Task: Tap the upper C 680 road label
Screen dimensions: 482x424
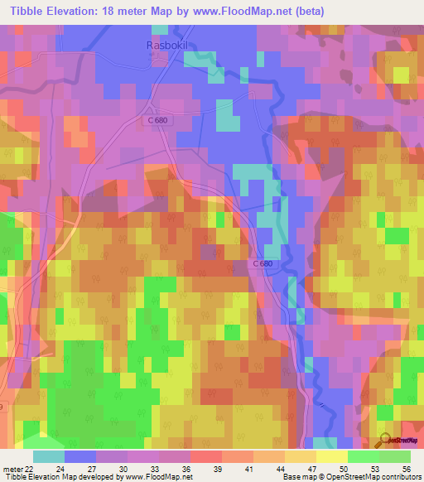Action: point(151,120)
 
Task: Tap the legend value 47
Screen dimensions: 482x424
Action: point(312,468)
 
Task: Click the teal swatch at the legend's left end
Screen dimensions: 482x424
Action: point(48,456)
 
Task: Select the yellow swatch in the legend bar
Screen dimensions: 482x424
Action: point(331,456)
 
